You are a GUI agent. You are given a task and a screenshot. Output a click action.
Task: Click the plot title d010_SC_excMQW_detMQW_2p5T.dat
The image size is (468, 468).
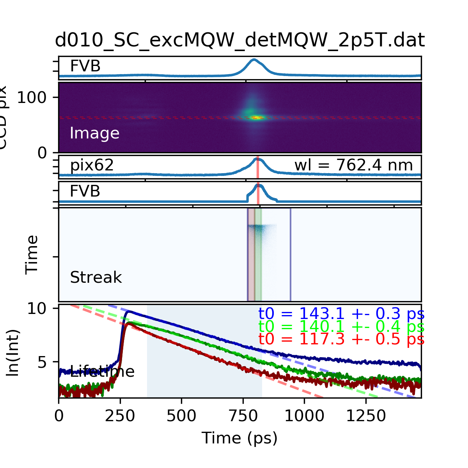coord(239,40)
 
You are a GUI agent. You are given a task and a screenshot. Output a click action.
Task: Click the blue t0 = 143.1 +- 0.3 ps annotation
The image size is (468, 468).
coord(341,314)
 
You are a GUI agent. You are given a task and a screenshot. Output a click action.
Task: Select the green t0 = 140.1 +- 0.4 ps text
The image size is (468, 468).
coord(341,326)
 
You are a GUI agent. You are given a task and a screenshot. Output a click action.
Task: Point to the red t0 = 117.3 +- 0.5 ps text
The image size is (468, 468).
coord(341,339)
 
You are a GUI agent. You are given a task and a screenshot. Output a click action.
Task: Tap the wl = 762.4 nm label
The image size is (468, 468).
coord(353,165)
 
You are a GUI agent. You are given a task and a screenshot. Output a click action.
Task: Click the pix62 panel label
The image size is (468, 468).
coord(92,165)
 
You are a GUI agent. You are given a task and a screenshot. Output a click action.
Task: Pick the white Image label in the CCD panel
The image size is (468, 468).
coord(94,133)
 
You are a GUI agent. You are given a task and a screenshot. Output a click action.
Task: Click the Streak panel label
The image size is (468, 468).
coord(96,278)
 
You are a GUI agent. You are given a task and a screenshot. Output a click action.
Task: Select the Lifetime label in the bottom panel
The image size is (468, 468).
coord(102,371)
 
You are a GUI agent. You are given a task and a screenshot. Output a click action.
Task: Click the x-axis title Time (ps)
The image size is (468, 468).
coord(239,438)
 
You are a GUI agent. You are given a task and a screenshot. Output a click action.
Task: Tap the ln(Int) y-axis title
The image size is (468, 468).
coord(14,353)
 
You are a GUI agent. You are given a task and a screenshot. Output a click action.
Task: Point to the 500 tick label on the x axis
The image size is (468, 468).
coord(181,416)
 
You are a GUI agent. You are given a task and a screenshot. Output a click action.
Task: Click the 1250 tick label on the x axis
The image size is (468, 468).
coord(366,416)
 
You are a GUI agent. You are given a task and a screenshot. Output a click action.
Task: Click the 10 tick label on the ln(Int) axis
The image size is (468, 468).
coord(37,309)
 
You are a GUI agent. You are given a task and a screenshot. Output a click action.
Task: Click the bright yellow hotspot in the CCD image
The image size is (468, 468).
coord(257,117)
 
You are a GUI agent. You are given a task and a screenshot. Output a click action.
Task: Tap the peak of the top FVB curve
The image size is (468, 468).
coord(254,60)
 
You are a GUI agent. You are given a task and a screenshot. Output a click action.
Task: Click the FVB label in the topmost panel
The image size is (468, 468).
coord(85,66)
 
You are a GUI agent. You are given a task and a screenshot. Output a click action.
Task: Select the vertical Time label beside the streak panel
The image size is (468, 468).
coord(32,255)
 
